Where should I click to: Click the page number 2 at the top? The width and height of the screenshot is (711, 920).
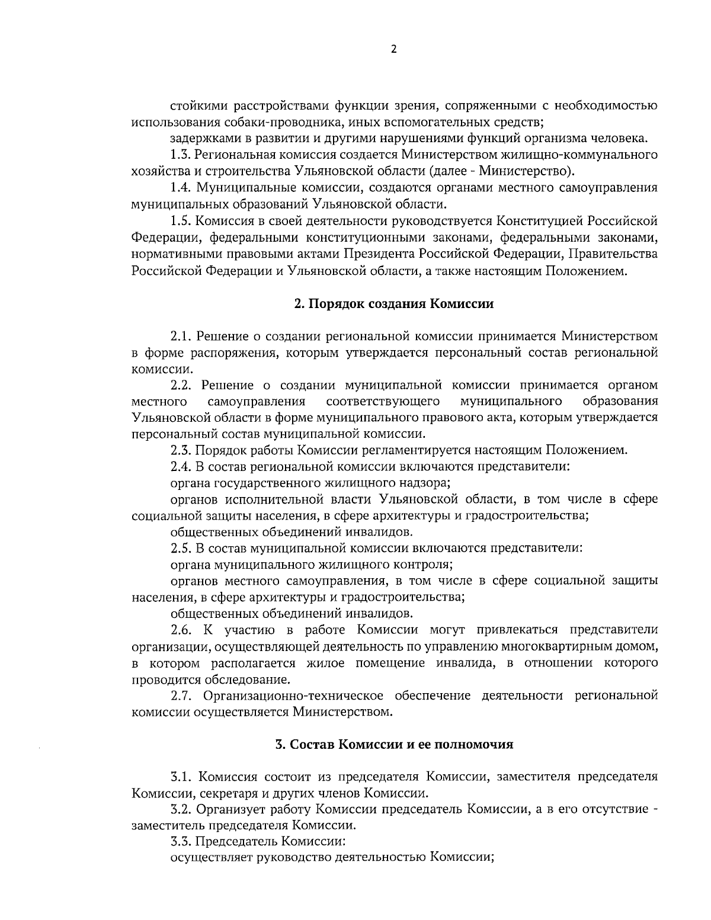(393, 49)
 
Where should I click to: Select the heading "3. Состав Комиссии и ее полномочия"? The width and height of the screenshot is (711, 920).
(394, 744)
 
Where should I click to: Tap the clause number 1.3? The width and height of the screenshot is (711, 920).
(180, 155)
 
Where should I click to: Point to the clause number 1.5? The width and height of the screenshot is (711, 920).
(180, 221)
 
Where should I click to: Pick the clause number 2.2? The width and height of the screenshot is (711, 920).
(180, 385)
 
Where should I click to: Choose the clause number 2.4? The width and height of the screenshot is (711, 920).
(180, 466)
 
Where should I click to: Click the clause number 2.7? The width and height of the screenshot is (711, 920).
(180, 695)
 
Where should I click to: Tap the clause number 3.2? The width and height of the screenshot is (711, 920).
(180, 809)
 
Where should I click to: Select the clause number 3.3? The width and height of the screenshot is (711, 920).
(180, 841)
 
